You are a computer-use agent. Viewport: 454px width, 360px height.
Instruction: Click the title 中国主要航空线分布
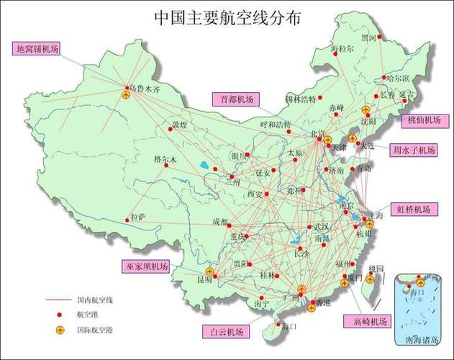pyautogui.click(x=227, y=17)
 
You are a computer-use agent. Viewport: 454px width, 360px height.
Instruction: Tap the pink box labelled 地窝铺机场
pyautogui.click(x=36, y=49)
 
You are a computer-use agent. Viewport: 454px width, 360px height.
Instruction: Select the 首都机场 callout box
pyautogui.click(x=236, y=99)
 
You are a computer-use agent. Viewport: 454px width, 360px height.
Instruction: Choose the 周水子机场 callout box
pyautogui.click(x=414, y=150)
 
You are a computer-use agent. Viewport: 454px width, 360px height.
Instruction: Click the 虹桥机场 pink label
pyautogui.click(x=413, y=210)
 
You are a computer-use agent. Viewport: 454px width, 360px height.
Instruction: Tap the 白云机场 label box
pyautogui.click(x=226, y=332)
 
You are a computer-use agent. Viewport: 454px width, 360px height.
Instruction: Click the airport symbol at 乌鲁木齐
pyautogui.click(x=126, y=94)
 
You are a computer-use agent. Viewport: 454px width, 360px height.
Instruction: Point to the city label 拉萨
pyautogui.click(x=137, y=216)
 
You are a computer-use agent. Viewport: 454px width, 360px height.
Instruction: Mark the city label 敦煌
pyautogui.click(x=178, y=125)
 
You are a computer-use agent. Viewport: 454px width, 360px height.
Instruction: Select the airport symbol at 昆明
pyautogui.click(x=209, y=271)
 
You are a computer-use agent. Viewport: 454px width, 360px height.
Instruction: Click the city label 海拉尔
pyautogui.click(x=342, y=49)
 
